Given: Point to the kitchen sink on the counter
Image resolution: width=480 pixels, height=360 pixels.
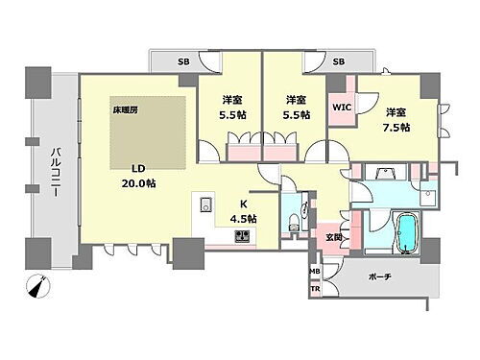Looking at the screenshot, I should click(x=204, y=204).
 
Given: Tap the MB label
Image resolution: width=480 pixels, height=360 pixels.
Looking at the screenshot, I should click(x=314, y=272).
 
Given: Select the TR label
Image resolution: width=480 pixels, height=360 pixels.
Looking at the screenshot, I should click(x=314, y=287).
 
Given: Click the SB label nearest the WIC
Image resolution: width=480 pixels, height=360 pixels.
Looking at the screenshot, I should click(x=338, y=62).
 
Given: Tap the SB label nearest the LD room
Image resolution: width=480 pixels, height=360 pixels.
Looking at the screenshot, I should click(x=182, y=62).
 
